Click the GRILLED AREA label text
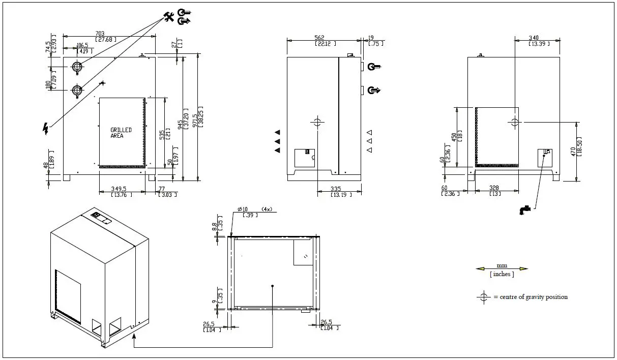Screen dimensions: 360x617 coord(121,133)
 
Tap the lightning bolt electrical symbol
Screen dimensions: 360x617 coord(45,129)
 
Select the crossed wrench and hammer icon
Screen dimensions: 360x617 coord(169,17)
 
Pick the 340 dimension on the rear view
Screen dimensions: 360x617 coord(534,38)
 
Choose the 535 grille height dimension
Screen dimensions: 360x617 coord(162,134)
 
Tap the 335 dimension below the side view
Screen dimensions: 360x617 coord(336,189)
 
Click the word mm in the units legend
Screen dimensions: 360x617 coord(502,265)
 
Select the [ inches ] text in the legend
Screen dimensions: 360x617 coord(502,275)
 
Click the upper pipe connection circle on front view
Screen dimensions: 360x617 coord(77,67)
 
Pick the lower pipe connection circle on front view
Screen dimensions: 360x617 coord(77,90)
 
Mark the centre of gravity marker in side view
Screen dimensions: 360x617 coord(317,122)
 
